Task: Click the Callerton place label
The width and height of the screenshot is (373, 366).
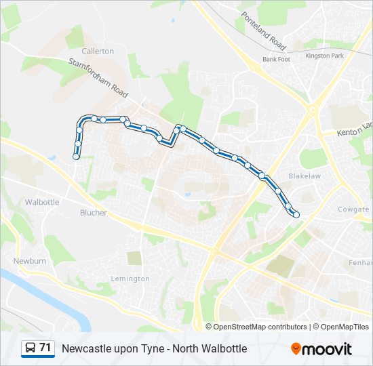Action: click(98, 51)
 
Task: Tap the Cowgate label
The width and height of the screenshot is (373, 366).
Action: click(353, 209)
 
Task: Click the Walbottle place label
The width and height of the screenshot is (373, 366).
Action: click(42, 202)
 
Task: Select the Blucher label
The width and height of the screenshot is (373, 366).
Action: click(94, 213)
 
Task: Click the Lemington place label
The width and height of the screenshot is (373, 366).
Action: click(130, 279)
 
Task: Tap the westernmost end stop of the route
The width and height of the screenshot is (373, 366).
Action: click(76, 157)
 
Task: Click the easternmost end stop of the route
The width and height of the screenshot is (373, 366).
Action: click(296, 215)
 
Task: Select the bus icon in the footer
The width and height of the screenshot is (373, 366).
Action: click(30, 348)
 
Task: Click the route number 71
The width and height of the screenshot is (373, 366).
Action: click(45, 348)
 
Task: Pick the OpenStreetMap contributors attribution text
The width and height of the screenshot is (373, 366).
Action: click(260, 327)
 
